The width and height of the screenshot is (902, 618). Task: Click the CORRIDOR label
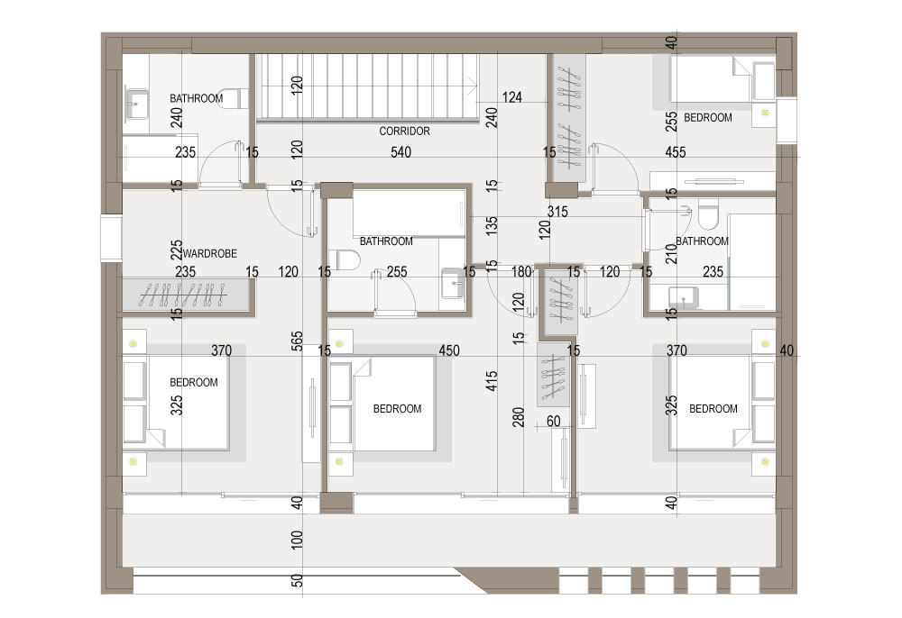[x=404, y=131]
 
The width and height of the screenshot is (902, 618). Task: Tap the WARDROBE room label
[x=210, y=253]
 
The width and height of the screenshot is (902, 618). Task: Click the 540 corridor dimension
[x=401, y=152]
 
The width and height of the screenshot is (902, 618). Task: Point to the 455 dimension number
[x=676, y=152]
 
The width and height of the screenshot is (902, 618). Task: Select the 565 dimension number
[x=297, y=342]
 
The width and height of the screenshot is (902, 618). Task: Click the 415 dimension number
[x=492, y=381]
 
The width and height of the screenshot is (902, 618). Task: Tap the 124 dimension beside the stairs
[x=512, y=97]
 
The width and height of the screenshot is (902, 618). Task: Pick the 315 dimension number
[x=557, y=212]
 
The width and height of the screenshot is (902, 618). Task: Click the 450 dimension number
[x=449, y=350]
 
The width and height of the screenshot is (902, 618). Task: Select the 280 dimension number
[x=518, y=417]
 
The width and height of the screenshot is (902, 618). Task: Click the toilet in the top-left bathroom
[x=235, y=99]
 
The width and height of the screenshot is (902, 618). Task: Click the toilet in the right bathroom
[x=708, y=214]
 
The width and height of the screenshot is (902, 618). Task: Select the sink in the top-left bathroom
[x=137, y=104]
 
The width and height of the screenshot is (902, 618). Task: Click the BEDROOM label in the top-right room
[x=708, y=118]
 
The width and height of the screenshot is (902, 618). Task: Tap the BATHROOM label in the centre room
[x=386, y=241]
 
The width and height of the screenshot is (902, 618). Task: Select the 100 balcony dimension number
[x=297, y=540]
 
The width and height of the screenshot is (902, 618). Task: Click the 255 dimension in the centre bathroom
[x=397, y=272]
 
